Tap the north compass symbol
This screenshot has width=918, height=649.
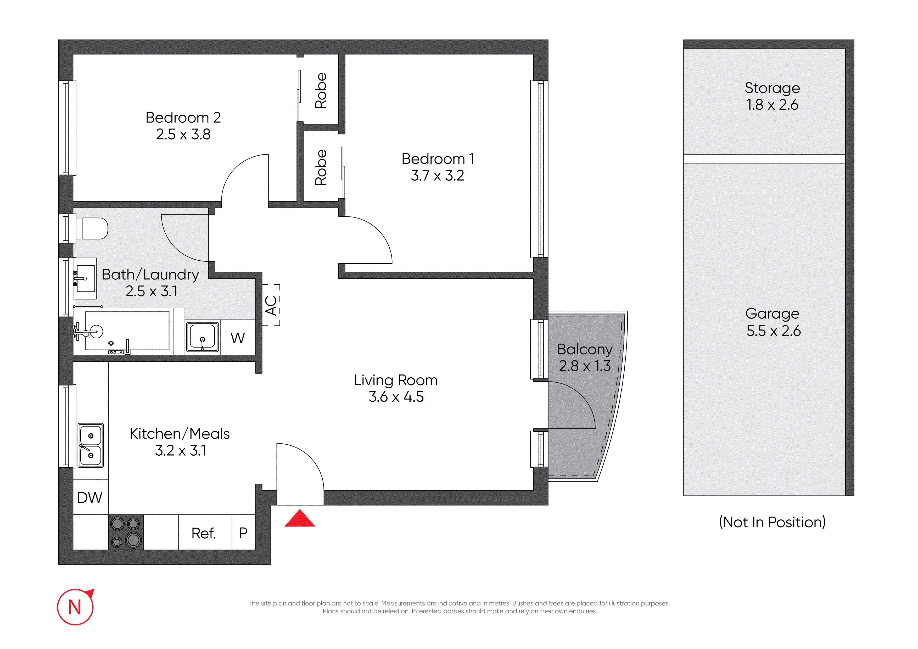(x=76, y=607)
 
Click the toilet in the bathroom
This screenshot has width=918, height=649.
(x=92, y=228)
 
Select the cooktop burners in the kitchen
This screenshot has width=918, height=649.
(x=126, y=532)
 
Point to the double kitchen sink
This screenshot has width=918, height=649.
(x=91, y=445)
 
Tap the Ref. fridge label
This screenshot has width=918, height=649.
(x=204, y=533)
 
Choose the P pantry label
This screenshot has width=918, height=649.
(x=243, y=533)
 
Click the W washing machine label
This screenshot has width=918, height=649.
(x=238, y=338)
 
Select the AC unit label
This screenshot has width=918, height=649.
(x=271, y=305)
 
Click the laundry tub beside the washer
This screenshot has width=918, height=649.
(x=203, y=337)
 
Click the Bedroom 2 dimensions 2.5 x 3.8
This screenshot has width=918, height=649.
(x=183, y=134)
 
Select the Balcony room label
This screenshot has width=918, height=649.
(x=585, y=350)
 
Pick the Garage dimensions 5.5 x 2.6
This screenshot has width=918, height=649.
(x=773, y=331)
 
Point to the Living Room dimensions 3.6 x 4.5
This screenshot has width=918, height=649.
(x=396, y=397)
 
